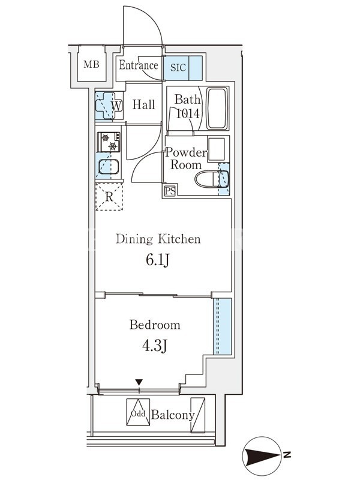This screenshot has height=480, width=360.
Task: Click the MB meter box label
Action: [x=91, y=64]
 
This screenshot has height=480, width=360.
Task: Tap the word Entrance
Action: [x=139, y=65]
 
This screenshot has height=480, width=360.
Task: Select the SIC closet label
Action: [x=178, y=67]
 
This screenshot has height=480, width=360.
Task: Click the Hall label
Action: [x=143, y=104]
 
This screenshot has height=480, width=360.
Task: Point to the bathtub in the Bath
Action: [x=217, y=109]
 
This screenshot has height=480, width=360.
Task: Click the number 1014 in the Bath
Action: [x=188, y=113]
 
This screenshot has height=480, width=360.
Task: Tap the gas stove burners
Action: [x=109, y=142]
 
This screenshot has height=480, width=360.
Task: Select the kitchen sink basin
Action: [x=109, y=167]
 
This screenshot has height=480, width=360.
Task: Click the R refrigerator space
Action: [x=109, y=197]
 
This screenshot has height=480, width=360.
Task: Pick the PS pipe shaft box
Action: [x=170, y=191]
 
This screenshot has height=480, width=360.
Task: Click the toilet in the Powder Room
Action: [x=211, y=179]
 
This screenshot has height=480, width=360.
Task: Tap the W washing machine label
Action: [x=116, y=106]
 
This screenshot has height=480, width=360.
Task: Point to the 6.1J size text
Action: [x=157, y=260]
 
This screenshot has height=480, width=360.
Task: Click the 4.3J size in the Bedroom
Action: [x=155, y=346]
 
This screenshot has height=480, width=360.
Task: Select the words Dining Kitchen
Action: [x=158, y=239]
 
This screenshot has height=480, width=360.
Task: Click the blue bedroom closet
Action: [x=222, y=326]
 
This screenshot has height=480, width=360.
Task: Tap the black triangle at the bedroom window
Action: [x=139, y=382]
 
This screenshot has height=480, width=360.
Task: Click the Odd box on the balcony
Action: [x=138, y=412]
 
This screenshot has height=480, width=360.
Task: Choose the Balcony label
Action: [x=173, y=415]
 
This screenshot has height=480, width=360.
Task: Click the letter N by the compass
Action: [x=287, y=455]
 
